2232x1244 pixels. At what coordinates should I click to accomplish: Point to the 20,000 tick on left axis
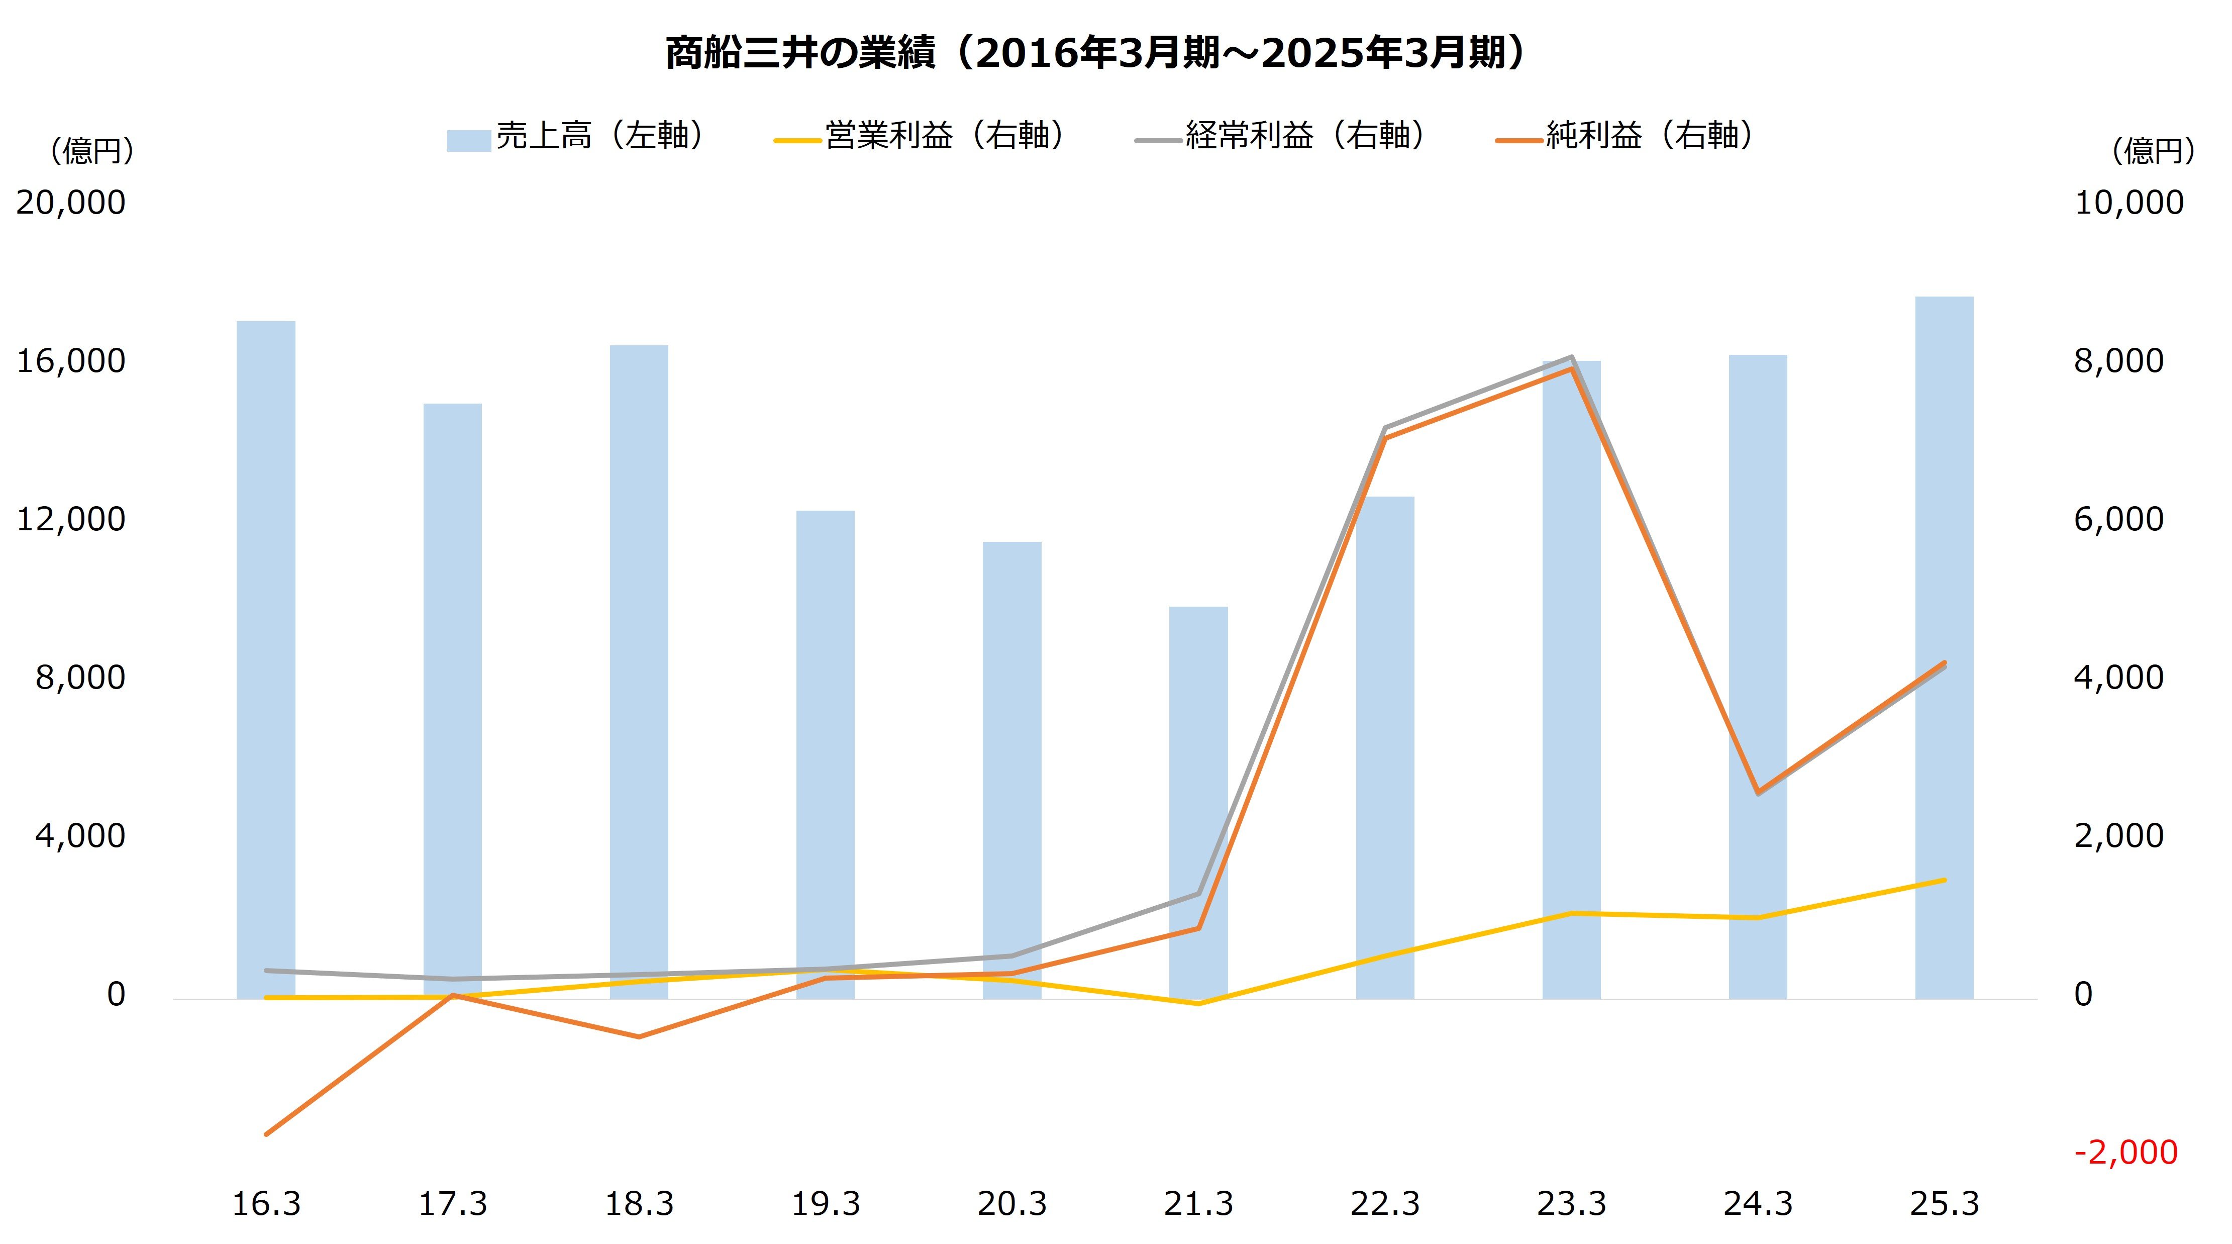click(71, 203)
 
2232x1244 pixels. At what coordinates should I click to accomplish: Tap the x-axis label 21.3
click(1198, 1204)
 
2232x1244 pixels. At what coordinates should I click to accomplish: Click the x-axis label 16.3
click(266, 1204)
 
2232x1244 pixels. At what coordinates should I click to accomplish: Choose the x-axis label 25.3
click(1945, 1204)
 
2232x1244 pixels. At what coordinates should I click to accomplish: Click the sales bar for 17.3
click(452, 694)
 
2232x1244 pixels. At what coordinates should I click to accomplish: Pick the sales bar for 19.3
click(826, 754)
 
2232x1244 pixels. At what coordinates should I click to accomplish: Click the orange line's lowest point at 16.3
click(267, 1133)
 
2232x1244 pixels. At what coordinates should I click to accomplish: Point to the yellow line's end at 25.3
click(1945, 880)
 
